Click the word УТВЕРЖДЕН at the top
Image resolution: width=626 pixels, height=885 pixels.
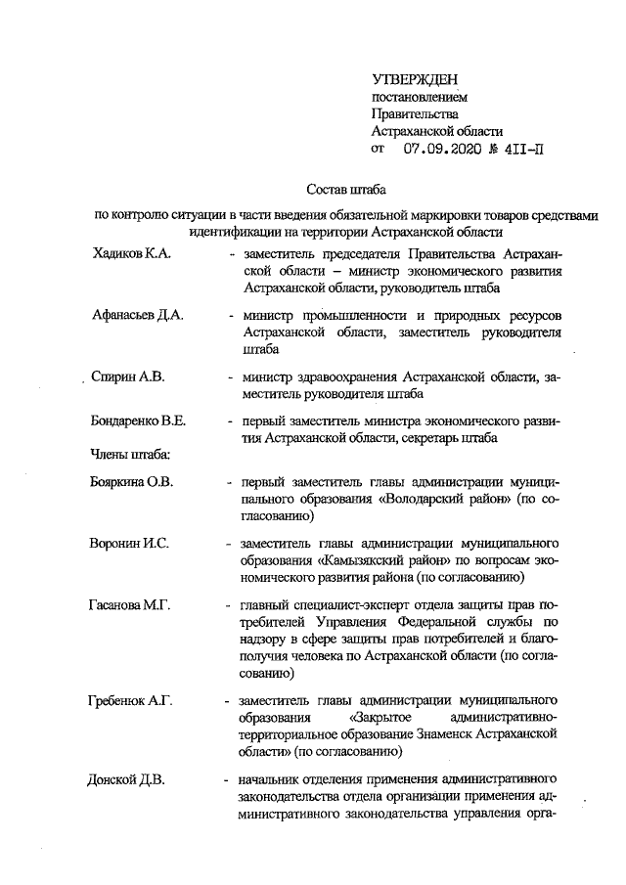[415, 79]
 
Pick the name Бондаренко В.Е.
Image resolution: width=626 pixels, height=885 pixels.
[140, 421]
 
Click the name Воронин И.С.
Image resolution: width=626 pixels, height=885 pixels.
[129, 544]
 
